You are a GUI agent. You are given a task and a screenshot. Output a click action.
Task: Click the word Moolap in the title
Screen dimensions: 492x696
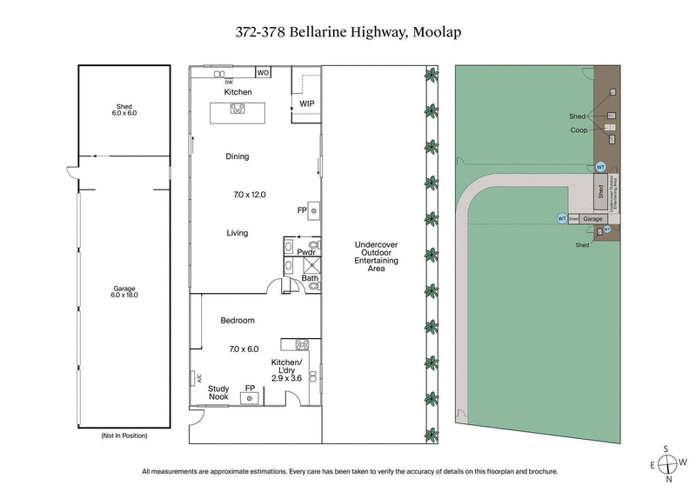(432, 32)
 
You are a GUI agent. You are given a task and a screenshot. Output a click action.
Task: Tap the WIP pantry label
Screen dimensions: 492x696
(306, 103)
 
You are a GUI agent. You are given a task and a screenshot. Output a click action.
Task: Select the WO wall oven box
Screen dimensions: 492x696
(263, 73)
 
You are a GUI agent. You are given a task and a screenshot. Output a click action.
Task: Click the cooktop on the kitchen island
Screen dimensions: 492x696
(237, 109)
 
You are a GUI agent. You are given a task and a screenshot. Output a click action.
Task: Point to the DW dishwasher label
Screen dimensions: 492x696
(228, 82)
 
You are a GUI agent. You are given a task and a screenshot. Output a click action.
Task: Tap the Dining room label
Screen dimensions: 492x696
(238, 156)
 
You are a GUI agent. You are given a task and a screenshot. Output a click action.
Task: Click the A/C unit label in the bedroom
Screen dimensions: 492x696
(197, 378)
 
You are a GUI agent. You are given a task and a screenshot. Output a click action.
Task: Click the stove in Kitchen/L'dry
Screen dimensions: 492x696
(302, 343)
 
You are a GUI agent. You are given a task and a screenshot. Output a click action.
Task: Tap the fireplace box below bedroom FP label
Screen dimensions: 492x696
(250, 398)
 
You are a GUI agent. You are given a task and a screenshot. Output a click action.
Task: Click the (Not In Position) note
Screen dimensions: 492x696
(124, 435)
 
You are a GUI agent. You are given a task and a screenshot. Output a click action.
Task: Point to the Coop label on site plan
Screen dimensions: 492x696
(579, 130)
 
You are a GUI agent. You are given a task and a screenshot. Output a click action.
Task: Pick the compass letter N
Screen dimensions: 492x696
(669, 479)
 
